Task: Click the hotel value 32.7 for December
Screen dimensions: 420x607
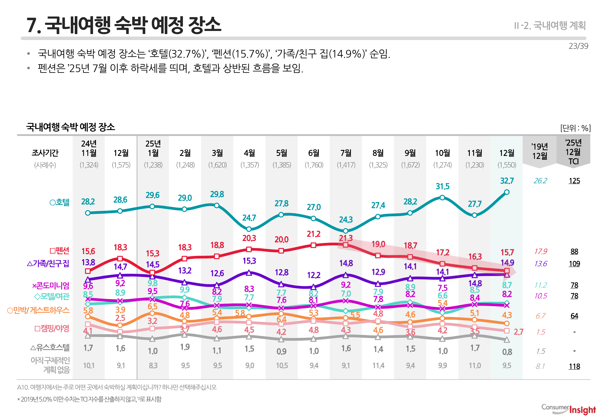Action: pos(507,181)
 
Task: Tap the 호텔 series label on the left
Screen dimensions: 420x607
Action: pos(60,202)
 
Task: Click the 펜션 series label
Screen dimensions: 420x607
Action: pos(60,251)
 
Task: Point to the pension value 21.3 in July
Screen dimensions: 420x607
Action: pos(346,238)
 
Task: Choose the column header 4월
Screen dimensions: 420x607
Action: pos(249,153)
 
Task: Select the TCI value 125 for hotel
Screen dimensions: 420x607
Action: pos(574,181)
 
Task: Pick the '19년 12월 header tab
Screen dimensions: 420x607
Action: pos(539,151)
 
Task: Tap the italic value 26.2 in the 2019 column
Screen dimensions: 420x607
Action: pos(540,181)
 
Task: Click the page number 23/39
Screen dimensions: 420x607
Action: pos(578,46)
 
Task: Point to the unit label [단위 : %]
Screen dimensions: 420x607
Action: pos(575,128)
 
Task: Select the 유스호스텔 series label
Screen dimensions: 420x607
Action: pos(50,348)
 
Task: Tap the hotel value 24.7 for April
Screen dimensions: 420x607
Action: pos(249,218)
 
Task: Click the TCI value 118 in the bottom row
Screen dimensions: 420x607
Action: pos(574,366)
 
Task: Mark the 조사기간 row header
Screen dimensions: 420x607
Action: pos(45,153)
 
